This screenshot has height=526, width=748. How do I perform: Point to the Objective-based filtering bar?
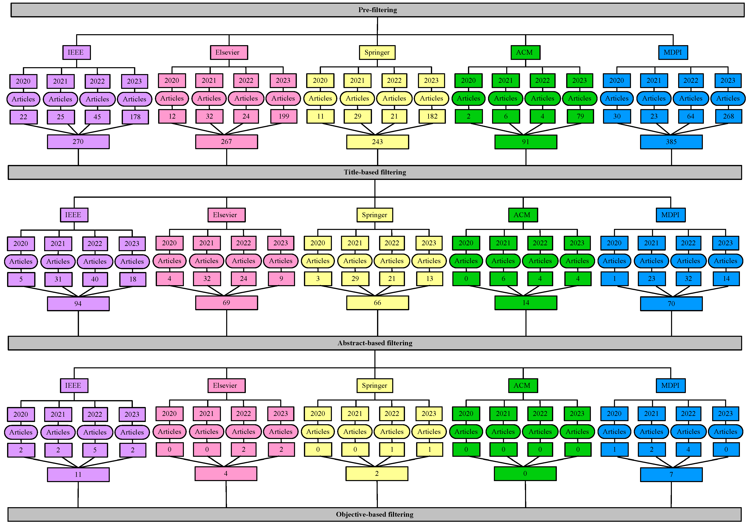coord(375,514)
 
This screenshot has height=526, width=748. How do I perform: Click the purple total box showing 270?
coord(78,142)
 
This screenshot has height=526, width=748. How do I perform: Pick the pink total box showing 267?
coord(226,142)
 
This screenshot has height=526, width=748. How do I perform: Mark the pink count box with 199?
coord(283,116)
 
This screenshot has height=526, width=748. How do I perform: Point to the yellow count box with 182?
coord(432,116)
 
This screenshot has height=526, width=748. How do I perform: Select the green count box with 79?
coord(580,116)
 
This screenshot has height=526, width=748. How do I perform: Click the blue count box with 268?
coord(728,116)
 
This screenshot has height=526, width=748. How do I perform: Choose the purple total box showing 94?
coord(78,304)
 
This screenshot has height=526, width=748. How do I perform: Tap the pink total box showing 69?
coord(226,303)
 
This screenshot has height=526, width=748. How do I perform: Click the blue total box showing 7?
coord(671,475)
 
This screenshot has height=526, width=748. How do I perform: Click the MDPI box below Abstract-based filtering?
coord(670,386)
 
